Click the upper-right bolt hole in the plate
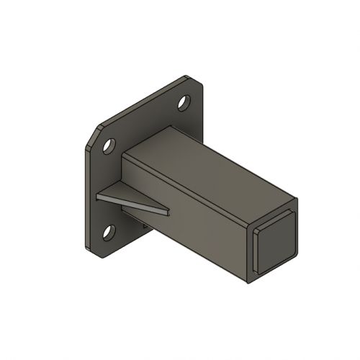[185, 103]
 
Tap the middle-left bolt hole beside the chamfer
[109, 146]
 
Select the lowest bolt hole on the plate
[109, 232]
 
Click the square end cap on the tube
[276, 242]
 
